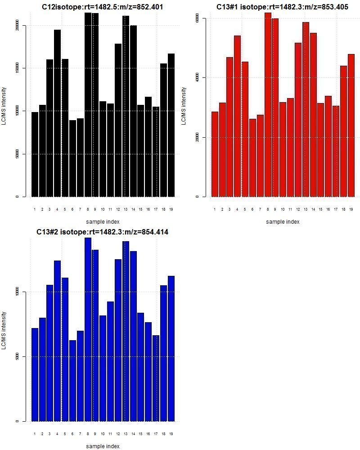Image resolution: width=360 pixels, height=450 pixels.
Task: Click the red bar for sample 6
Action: (252, 157)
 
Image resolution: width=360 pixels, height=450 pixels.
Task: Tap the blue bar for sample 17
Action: (156, 378)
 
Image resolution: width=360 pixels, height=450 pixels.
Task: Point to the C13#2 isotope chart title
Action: (103, 232)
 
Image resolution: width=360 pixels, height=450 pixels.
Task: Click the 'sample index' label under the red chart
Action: (283, 221)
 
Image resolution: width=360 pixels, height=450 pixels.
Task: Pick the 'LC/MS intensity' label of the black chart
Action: (4, 106)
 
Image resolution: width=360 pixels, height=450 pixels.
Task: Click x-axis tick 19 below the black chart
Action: (171, 209)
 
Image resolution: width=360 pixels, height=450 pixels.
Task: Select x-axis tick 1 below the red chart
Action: (215, 209)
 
